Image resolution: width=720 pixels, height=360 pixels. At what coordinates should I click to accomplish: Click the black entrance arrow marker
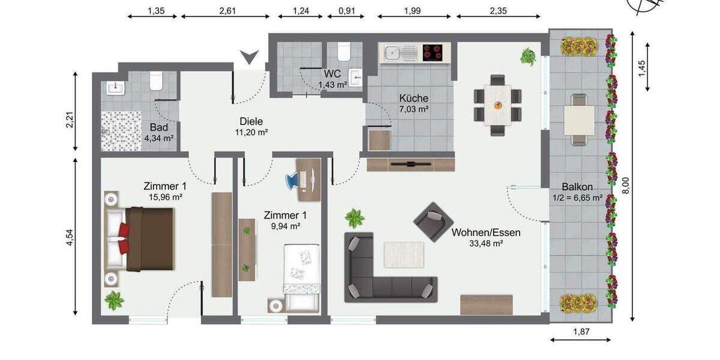[250, 57]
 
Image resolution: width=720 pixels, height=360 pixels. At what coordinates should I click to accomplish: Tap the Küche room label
[414, 98]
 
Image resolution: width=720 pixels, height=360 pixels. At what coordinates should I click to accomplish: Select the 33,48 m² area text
[485, 243]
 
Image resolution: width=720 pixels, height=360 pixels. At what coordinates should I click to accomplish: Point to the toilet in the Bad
[156, 81]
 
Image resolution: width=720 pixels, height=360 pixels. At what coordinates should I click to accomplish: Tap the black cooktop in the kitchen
[435, 53]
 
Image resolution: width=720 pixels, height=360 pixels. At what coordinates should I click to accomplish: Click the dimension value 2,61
[227, 10]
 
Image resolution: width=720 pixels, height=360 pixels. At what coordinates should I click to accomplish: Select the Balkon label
[577, 186]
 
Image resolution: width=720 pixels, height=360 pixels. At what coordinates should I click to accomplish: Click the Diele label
[251, 122]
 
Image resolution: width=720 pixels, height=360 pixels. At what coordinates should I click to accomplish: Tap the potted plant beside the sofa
[355, 218]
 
